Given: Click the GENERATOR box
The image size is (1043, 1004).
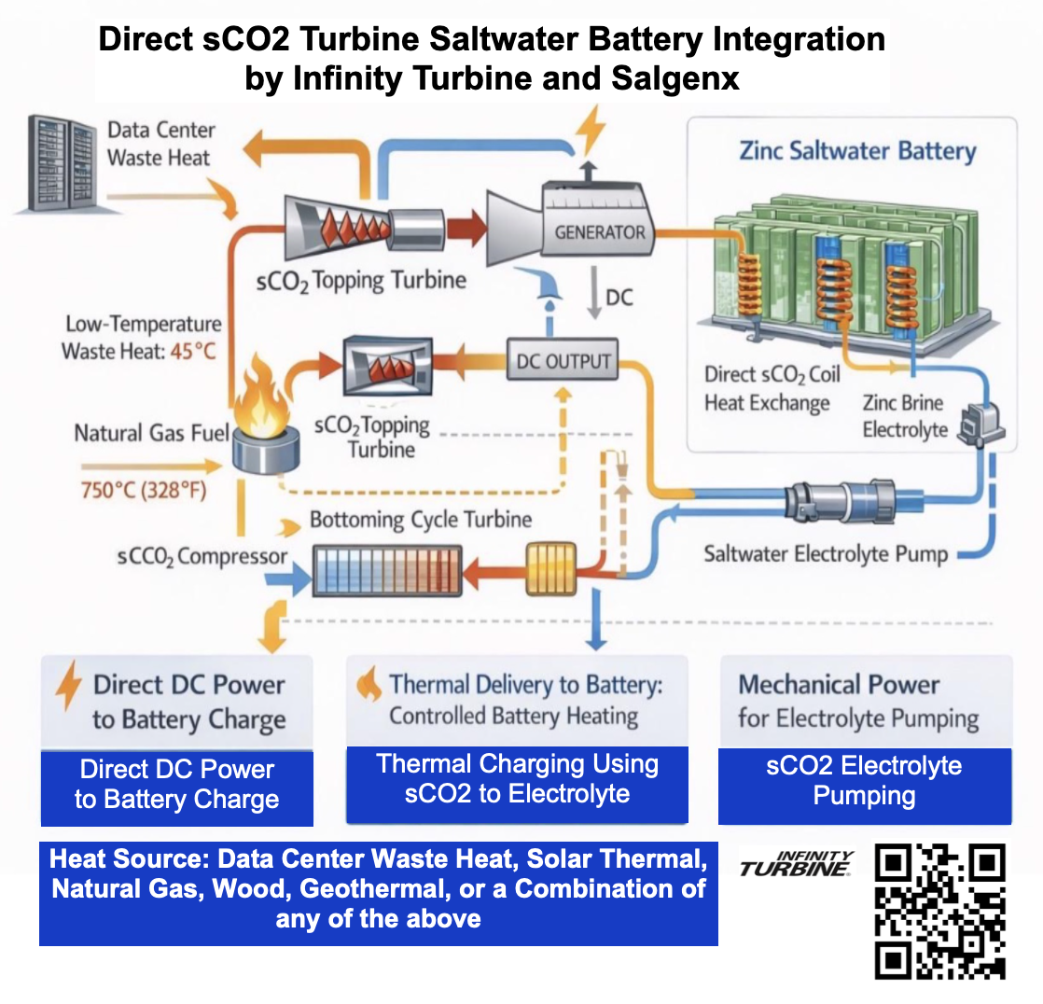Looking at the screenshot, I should pyautogui.click(x=599, y=231).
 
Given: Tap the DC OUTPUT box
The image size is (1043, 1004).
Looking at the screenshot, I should pyautogui.click(x=563, y=361).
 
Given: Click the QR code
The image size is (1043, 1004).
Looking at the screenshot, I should pyautogui.click(x=940, y=912).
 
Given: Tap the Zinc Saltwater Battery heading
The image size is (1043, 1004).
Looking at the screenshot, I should pyautogui.click(x=857, y=151).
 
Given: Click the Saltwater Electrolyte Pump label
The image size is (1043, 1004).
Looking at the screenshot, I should pyautogui.click(x=826, y=553).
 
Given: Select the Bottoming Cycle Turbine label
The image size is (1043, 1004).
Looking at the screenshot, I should pyautogui.click(x=421, y=520).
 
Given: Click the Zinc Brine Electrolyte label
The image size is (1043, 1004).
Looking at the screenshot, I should pyautogui.click(x=902, y=416).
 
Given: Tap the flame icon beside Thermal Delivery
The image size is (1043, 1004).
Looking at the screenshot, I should pyautogui.click(x=370, y=686).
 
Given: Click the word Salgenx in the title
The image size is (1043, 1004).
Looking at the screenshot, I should pyautogui.click(x=675, y=78).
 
